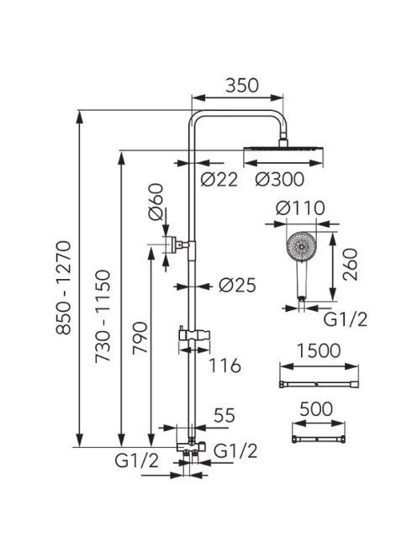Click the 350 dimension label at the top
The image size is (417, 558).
click(x=242, y=86)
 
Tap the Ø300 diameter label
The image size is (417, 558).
click(x=280, y=179)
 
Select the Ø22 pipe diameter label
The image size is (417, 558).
click(x=219, y=179)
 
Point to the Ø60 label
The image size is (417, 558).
click(x=156, y=202)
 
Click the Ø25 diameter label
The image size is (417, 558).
click(x=237, y=285)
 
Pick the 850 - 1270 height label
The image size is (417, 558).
click(x=64, y=288)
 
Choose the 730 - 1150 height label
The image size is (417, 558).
click(x=103, y=316)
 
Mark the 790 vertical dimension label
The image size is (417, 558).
click(x=140, y=338)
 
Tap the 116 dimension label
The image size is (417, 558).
click(x=224, y=366)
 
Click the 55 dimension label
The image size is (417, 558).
click(x=224, y=415)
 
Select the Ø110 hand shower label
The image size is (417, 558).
click(x=300, y=208)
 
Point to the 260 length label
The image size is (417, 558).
click(x=350, y=265)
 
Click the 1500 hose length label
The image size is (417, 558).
click(x=319, y=350)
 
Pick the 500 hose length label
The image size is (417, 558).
click(x=316, y=409)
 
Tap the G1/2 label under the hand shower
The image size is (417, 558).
click(x=345, y=319)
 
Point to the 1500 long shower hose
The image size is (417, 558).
click(x=319, y=384)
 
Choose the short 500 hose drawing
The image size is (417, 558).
click(x=319, y=440)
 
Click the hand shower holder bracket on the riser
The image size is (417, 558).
click(x=194, y=335)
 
